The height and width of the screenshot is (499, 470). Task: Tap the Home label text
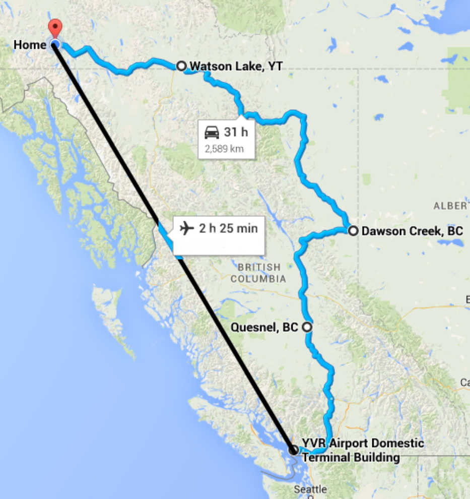(30, 45)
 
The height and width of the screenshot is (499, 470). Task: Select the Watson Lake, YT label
(236, 66)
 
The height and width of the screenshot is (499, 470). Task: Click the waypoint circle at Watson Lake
(181, 66)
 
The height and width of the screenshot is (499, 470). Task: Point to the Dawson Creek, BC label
(412, 231)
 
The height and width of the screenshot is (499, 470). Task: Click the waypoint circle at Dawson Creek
(353, 231)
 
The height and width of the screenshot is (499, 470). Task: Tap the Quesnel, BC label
(264, 327)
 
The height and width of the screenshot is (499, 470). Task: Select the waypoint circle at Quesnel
(307, 327)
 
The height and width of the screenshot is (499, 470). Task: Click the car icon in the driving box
(212, 133)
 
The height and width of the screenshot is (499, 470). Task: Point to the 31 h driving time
(236, 133)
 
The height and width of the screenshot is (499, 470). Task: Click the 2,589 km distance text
(224, 149)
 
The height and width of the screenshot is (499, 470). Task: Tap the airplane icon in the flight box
(187, 228)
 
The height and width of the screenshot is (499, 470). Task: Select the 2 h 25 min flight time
(228, 228)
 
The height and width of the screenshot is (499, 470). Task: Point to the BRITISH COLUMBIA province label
(259, 273)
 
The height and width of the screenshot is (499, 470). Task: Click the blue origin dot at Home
(55, 45)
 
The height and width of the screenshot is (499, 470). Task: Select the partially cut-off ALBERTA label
(450, 206)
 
